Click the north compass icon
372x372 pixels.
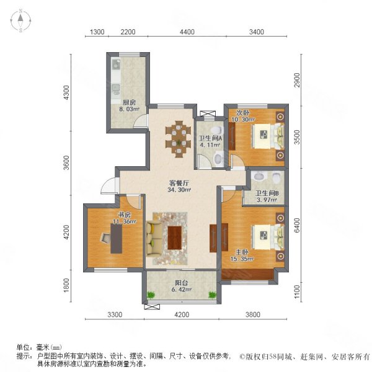[20, 20]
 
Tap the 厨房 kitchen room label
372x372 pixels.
[128, 102]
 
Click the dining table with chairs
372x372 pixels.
[179, 138]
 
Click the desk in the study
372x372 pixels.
[116, 236]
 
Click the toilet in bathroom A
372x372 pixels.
[216, 159]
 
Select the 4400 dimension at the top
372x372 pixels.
[187, 32]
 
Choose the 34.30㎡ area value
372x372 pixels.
[180, 190]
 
